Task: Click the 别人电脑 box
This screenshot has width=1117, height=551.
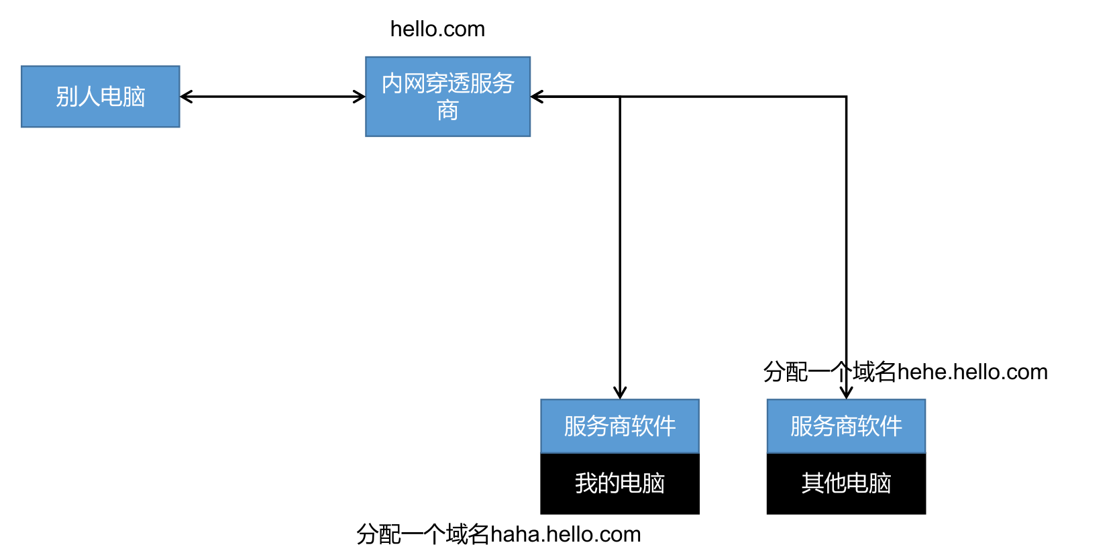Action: click(x=101, y=97)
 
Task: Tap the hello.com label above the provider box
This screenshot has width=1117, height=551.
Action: click(x=437, y=29)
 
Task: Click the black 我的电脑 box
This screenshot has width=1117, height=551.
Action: click(x=620, y=483)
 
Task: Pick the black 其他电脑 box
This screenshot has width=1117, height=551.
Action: click(x=846, y=483)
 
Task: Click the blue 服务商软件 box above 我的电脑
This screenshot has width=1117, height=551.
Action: click(x=620, y=426)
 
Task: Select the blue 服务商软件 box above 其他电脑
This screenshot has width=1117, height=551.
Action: click(x=846, y=426)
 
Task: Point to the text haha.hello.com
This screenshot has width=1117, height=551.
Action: click(x=566, y=534)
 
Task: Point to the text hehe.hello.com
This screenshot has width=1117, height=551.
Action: click(x=972, y=372)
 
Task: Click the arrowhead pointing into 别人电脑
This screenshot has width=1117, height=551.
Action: click(x=185, y=97)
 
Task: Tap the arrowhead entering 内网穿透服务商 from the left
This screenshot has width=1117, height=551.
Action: click(x=360, y=97)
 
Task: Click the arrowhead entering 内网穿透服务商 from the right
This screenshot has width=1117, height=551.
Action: click(x=536, y=97)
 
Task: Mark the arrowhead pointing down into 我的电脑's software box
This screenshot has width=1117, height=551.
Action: click(x=620, y=393)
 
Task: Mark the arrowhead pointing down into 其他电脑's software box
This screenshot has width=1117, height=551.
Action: click(x=846, y=393)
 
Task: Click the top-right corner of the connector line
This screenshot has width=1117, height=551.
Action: click(x=846, y=97)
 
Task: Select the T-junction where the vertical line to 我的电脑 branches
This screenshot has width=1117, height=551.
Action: click(x=620, y=97)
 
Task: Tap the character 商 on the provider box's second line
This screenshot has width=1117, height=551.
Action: click(x=447, y=111)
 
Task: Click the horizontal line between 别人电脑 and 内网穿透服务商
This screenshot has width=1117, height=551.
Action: click(x=272, y=97)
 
